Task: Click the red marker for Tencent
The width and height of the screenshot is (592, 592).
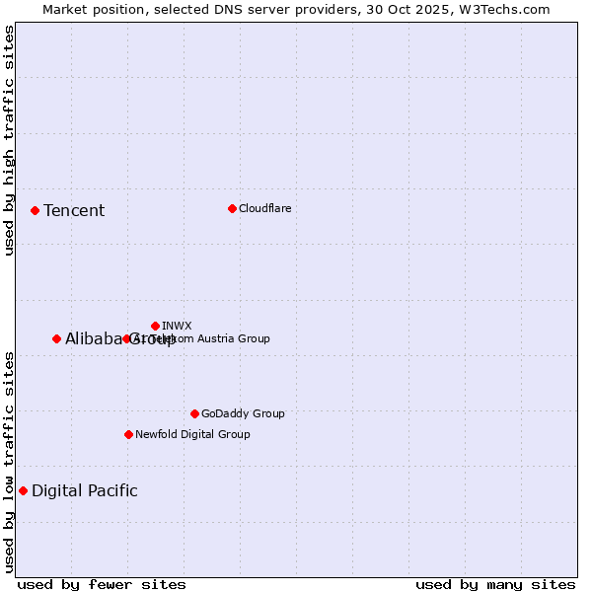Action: (x=35, y=210)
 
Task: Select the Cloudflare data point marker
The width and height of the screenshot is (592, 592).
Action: (x=232, y=208)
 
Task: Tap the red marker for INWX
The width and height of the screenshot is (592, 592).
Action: (x=155, y=326)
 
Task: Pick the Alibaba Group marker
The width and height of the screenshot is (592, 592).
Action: (x=56, y=338)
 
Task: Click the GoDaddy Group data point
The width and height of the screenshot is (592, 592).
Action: (x=194, y=413)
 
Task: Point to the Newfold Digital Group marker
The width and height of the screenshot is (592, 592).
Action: (x=128, y=434)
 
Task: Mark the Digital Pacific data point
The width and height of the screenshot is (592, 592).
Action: (x=23, y=490)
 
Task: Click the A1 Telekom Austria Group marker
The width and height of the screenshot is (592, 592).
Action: (x=126, y=338)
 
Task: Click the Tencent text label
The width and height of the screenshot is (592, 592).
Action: (x=74, y=210)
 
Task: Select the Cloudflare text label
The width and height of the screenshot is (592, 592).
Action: (x=264, y=208)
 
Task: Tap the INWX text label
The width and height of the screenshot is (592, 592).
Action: (x=177, y=326)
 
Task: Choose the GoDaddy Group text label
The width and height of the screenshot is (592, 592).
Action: (x=243, y=413)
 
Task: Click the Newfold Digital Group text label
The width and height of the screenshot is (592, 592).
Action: (x=192, y=434)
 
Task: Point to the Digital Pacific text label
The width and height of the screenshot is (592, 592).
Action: (x=85, y=490)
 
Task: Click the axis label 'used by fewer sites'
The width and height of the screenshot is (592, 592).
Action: (x=102, y=584)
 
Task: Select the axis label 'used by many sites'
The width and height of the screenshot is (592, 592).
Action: (x=495, y=584)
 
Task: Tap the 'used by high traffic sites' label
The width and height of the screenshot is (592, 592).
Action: (x=9, y=141)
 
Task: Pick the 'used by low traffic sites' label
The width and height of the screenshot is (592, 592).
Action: (x=9, y=462)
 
